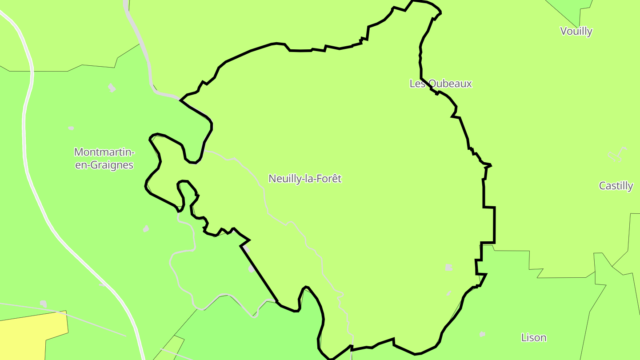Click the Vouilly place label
(x=576, y=31)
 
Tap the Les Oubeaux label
(x=440, y=84)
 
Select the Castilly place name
(x=616, y=186)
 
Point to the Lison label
(x=533, y=338)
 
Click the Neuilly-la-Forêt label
(x=305, y=179)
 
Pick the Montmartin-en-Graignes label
(x=104, y=158)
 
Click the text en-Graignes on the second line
(x=104, y=165)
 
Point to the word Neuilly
(x=284, y=179)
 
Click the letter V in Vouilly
(x=564, y=31)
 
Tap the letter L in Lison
(x=524, y=338)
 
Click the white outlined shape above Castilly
(x=618, y=154)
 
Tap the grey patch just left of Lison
(x=482, y=334)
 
